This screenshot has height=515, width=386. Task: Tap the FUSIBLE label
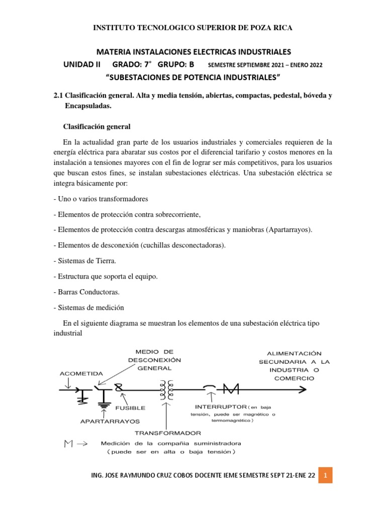coord(131,408)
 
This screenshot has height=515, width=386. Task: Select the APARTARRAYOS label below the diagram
coord(109,420)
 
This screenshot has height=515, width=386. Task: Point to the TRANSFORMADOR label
coord(168,433)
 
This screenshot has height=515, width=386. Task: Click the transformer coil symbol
coord(167,388)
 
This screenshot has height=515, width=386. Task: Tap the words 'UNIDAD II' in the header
coord(82,65)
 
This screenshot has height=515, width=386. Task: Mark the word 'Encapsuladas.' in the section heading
coord(88,107)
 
